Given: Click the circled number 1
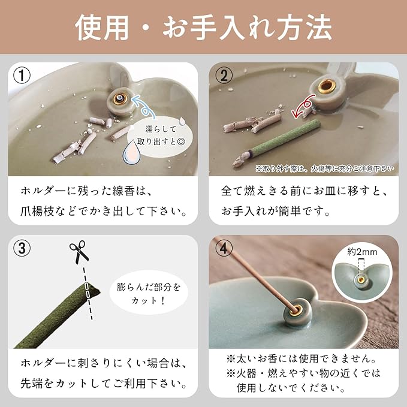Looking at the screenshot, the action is click(x=22, y=76).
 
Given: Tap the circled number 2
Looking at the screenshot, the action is click(x=224, y=76).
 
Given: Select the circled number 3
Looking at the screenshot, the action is click(x=22, y=248).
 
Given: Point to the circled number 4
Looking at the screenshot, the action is click(x=224, y=248).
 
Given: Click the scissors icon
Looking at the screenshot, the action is click(x=79, y=251).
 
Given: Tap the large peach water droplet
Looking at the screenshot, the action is click(x=132, y=153).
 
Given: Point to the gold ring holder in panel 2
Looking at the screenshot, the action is click(x=324, y=86).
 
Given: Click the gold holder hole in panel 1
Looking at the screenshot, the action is click(x=120, y=98).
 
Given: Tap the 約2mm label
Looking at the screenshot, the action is click(x=362, y=251).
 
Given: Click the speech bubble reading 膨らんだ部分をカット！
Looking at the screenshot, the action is click(x=149, y=294).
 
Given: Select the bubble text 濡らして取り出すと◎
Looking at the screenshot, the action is click(x=161, y=135).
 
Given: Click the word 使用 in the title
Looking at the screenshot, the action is click(x=102, y=28).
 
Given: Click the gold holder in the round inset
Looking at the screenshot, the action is click(x=361, y=279).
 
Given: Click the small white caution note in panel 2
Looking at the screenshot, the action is click(x=325, y=169).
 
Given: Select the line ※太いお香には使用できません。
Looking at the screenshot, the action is click(x=302, y=359).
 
